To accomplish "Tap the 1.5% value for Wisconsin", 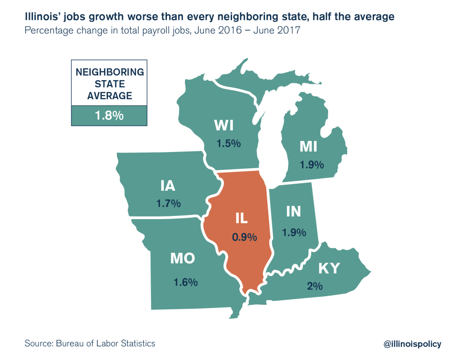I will click(228, 144).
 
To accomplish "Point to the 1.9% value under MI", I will click(312, 165).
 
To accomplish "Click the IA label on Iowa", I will click(168, 186).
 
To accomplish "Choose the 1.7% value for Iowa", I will click(168, 204).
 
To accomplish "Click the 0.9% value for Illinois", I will click(244, 237).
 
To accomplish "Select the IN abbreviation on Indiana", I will click(293, 212).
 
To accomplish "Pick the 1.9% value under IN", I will click(294, 232).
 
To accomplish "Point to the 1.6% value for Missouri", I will click(185, 282).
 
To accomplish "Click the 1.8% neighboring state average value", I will click(109, 116).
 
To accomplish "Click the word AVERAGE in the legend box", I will click(109, 96).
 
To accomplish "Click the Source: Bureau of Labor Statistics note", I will click(90, 343).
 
